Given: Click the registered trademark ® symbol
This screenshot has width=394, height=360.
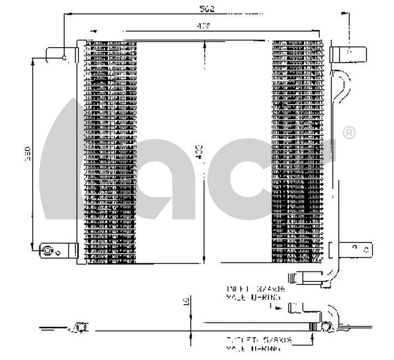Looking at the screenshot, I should coord(349,132).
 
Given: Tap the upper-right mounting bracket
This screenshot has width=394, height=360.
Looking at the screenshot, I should coord(349,53).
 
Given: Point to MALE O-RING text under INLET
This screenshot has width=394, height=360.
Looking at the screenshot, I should coord(253,297).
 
